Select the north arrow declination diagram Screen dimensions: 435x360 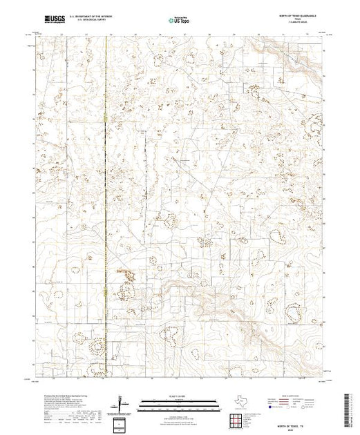(123, 400)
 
